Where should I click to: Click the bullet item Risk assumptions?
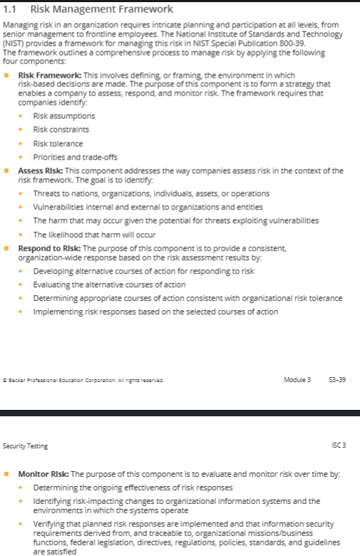coord(63,116)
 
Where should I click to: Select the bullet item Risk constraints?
coord(61,129)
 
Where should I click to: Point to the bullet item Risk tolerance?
coord(58,143)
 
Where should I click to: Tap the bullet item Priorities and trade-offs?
coord(76,157)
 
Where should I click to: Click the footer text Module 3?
coord(297,379)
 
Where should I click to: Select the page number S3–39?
coord(336,379)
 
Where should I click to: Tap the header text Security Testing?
coord(26,446)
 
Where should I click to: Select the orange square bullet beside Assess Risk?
coord(6,171)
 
